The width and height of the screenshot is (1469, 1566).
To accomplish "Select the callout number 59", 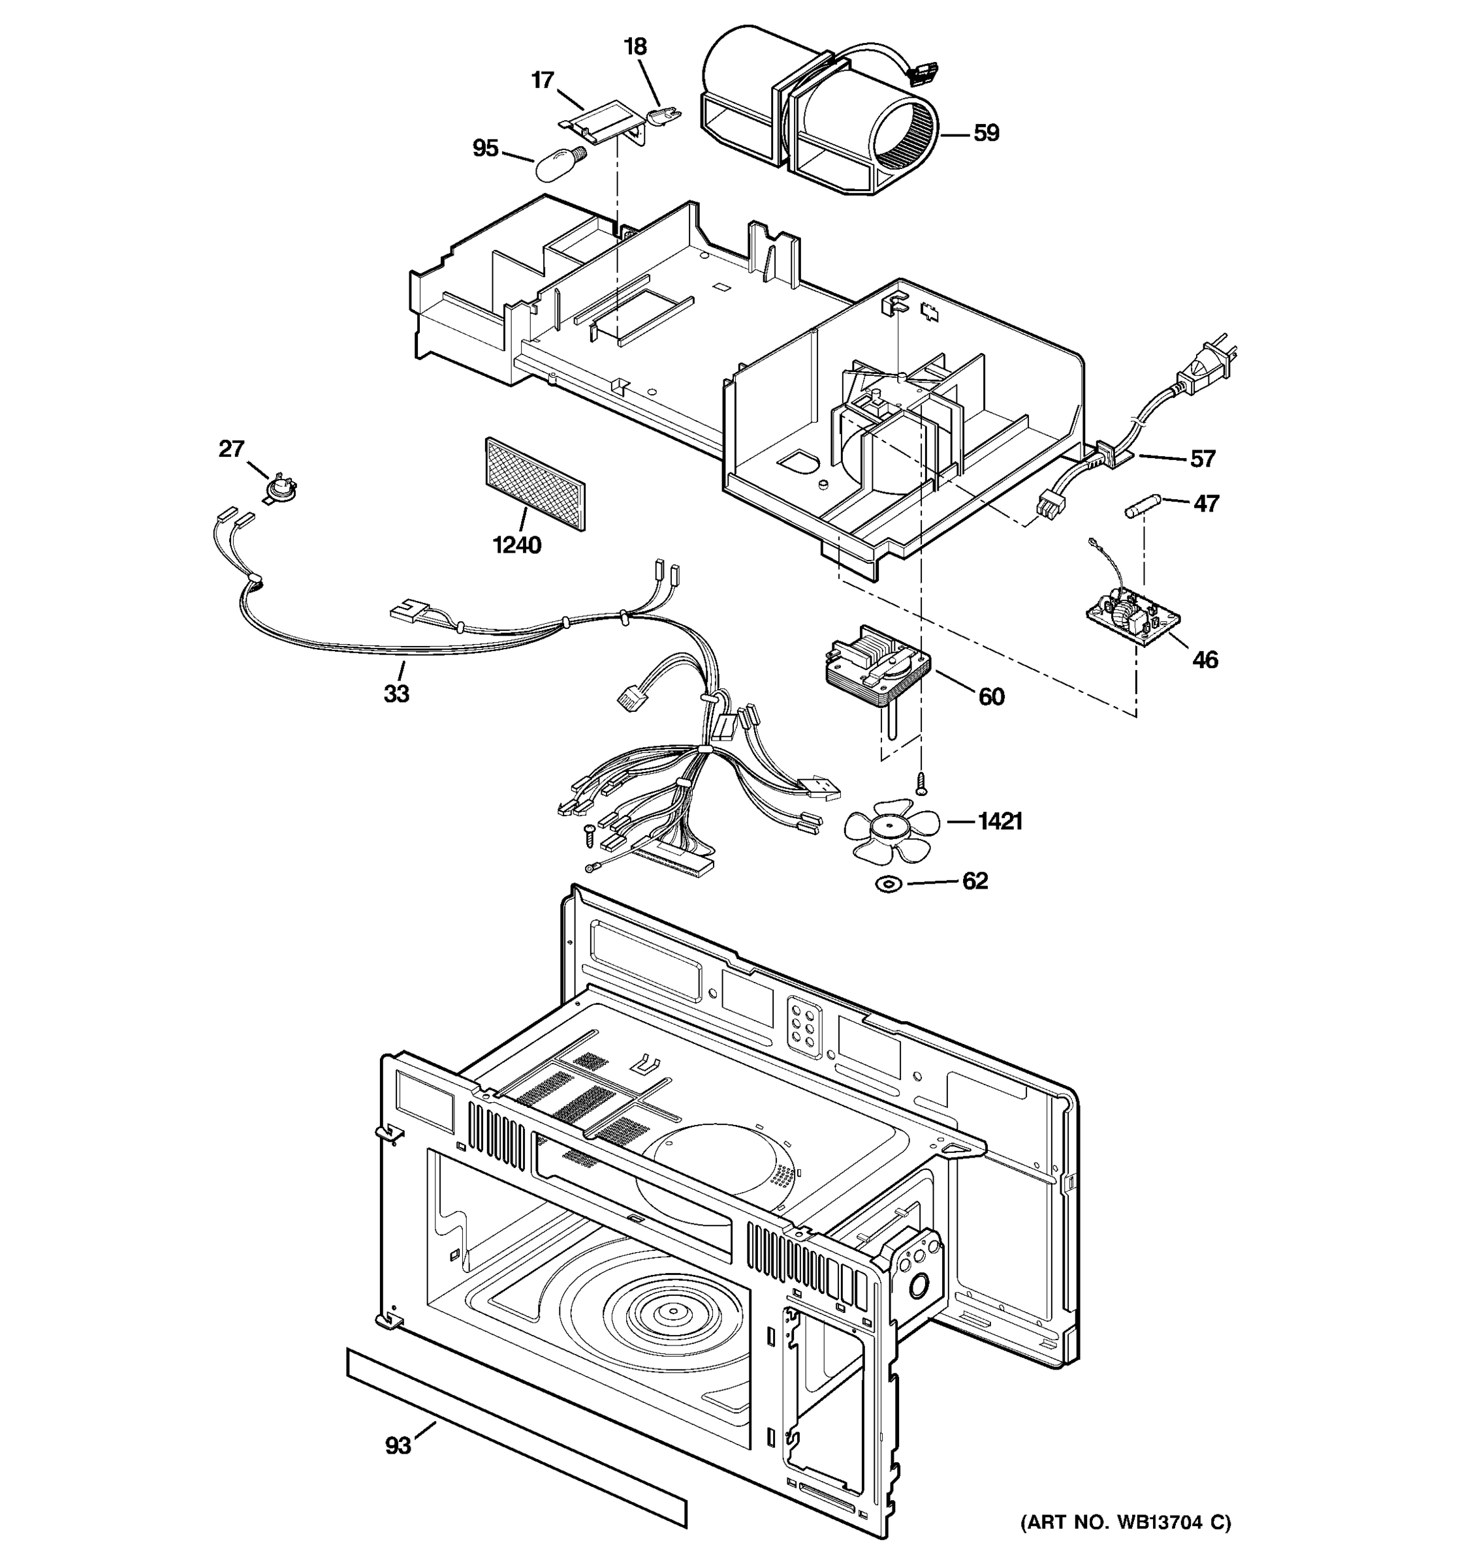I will click(x=986, y=133).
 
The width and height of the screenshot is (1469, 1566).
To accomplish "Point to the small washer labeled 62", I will click(x=888, y=885).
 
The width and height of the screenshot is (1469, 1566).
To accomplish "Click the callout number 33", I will click(x=396, y=694).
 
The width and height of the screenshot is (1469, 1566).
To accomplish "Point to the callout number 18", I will click(x=635, y=46).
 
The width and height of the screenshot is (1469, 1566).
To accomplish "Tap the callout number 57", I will click(x=1203, y=459).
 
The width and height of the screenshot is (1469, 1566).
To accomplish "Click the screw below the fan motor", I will click(x=920, y=783).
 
